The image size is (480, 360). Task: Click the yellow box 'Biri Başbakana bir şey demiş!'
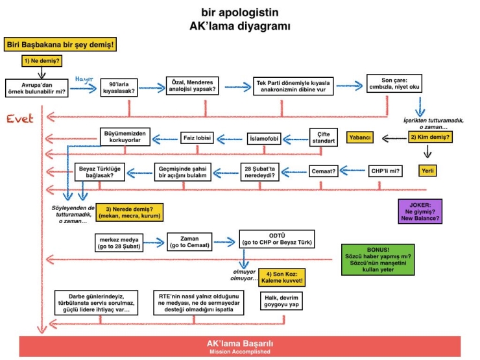pos(60,44)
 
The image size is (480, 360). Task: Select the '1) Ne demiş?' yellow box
pos(42,60)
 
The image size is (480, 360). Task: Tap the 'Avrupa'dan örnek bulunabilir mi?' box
pos(37,88)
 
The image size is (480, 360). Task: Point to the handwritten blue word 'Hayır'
pos(84,79)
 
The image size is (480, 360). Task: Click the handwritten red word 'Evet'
pos(20,119)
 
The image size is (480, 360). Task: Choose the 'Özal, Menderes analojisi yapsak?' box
pos(192,86)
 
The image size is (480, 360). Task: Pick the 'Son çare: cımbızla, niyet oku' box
pos(394,83)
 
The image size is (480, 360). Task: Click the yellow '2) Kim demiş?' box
pos(430,137)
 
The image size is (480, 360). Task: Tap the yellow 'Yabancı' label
pos(360,138)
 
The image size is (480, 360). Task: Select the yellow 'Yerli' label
pos(427,171)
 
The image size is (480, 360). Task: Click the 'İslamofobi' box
pos(264,139)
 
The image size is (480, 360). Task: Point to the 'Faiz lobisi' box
pos(197,138)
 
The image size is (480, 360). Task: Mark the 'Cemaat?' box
pos(323,171)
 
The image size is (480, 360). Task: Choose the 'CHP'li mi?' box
pos(385,171)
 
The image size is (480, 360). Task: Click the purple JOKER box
pos(420,211)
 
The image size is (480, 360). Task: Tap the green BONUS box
pos(378,259)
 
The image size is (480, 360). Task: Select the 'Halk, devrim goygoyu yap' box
pos(282,301)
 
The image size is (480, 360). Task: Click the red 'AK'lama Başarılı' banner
pos(240,346)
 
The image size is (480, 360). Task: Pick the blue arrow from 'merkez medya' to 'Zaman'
pos(154,243)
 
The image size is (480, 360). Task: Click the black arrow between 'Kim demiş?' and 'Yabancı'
pos(394,138)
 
